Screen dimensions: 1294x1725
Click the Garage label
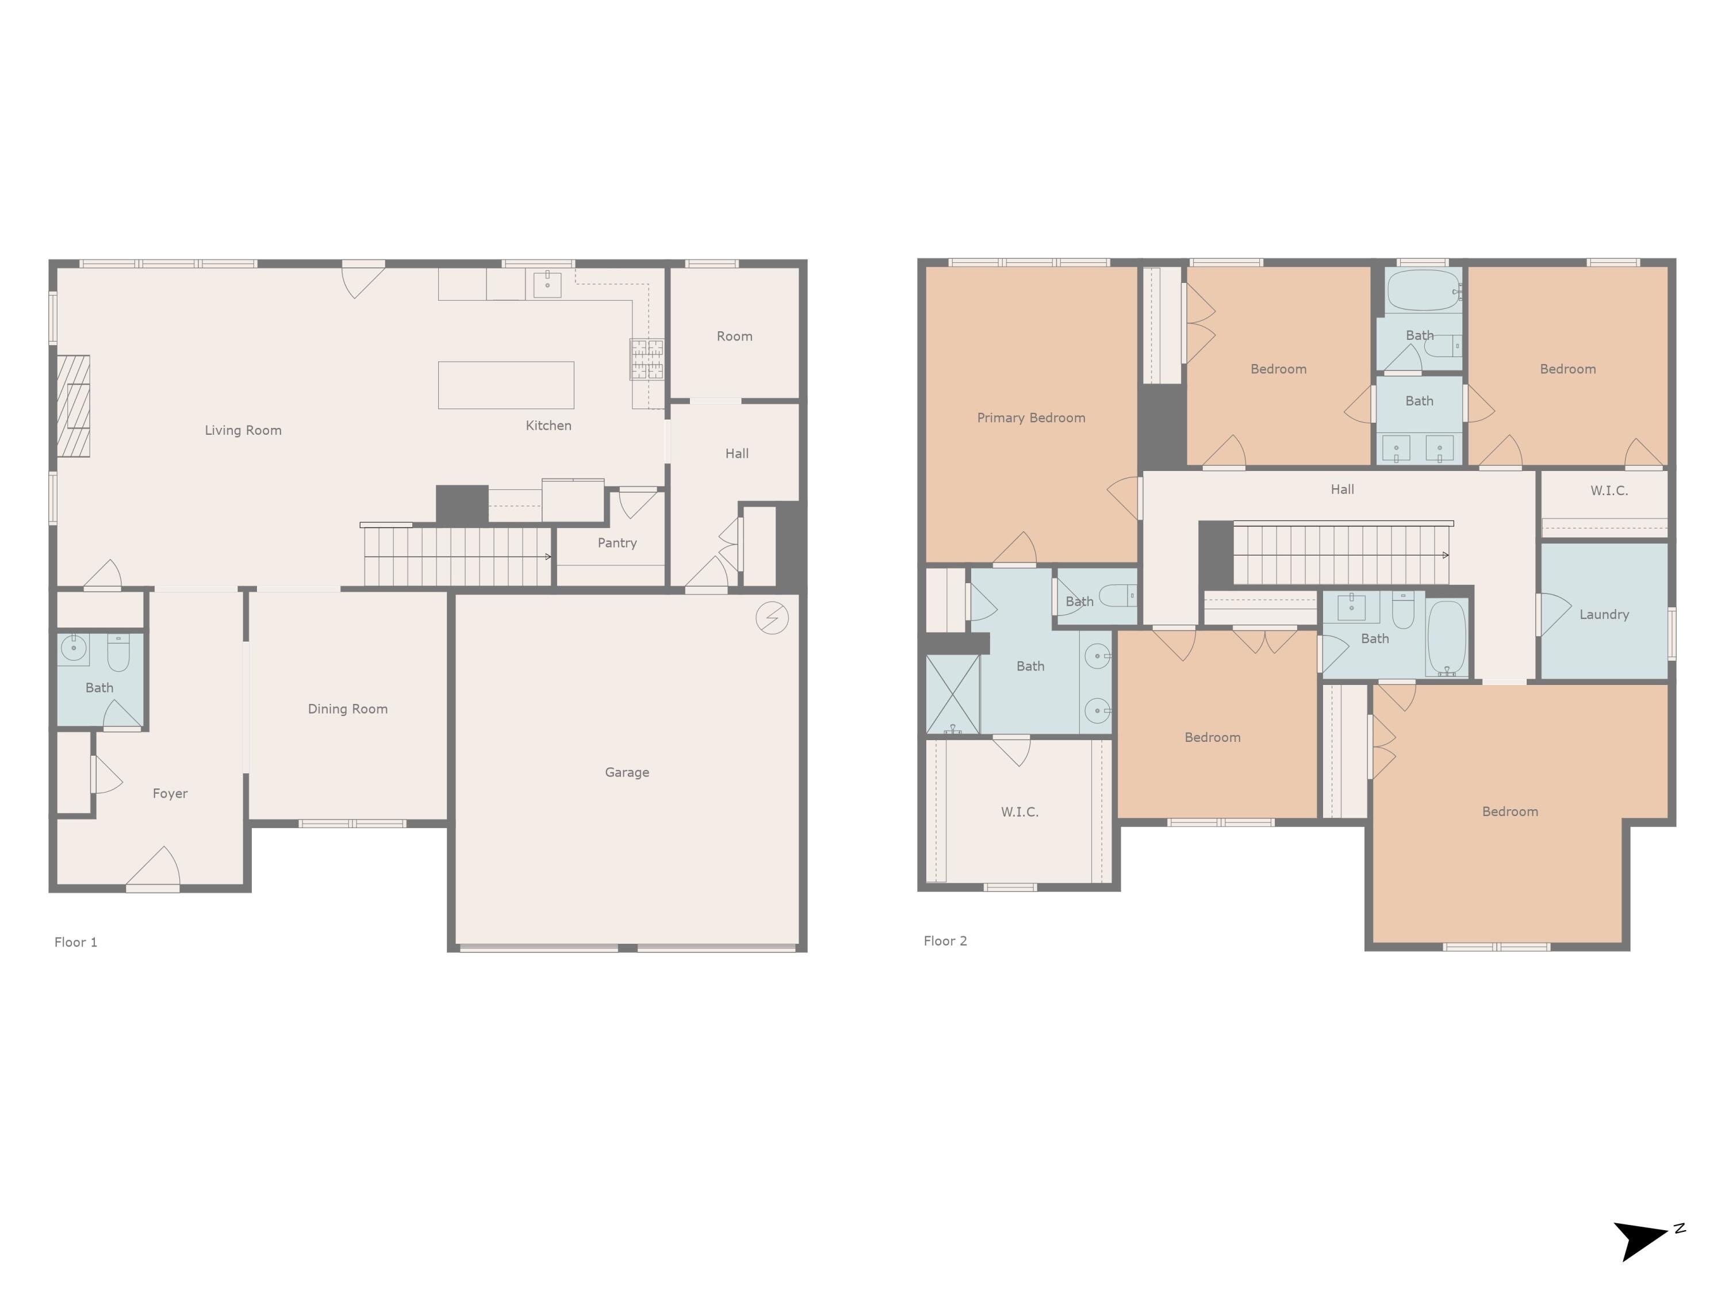tap(626, 772)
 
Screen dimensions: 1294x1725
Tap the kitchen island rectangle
tap(505, 385)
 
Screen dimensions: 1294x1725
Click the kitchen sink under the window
tap(547, 285)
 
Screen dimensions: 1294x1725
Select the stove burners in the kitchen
tap(646, 359)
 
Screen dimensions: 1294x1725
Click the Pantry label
tap(617, 543)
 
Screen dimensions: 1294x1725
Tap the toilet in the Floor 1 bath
tap(118, 654)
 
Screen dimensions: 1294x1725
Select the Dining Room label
tap(347, 709)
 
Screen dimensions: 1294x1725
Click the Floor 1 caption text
tap(76, 942)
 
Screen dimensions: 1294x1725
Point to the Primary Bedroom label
tap(1030, 418)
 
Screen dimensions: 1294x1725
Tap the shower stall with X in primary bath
tap(952, 694)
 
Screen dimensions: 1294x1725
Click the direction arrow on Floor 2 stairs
tap(1444, 556)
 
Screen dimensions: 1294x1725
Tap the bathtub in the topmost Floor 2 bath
tap(1423, 290)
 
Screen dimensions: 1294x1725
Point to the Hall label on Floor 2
tap(1341, 490)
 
